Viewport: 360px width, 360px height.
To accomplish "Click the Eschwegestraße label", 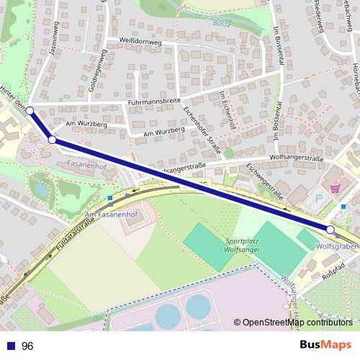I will click(263, 179).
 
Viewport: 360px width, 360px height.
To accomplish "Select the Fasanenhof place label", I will click(86, 164).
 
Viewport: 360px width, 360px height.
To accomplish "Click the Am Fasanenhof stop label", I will click(110, 215).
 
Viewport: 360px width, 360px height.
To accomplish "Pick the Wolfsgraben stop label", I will click(336, 246).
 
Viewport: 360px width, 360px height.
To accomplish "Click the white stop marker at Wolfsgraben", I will click(330, 229).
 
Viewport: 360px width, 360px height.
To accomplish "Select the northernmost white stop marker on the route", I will click(30, 111).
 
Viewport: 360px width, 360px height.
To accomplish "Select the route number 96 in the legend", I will click(27, 346).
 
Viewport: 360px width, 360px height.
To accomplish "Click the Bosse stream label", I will click(220, 24).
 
